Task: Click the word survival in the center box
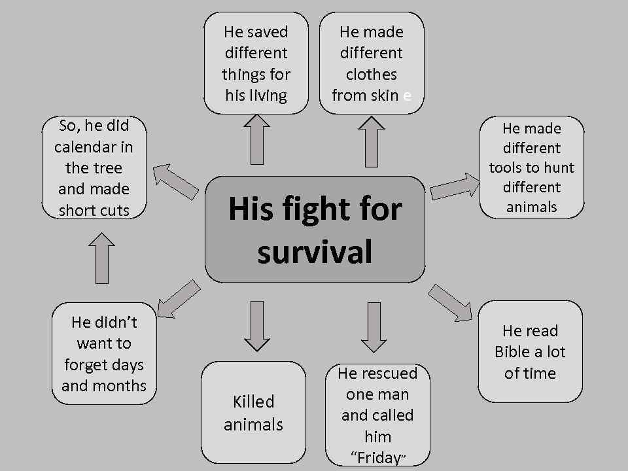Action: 315,252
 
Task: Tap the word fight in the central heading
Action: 315,209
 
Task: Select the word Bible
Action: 512,352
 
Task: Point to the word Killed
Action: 253,402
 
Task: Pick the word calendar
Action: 94,147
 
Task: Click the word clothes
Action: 371,74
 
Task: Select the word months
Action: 121,385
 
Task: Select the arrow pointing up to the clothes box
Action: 371,141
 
